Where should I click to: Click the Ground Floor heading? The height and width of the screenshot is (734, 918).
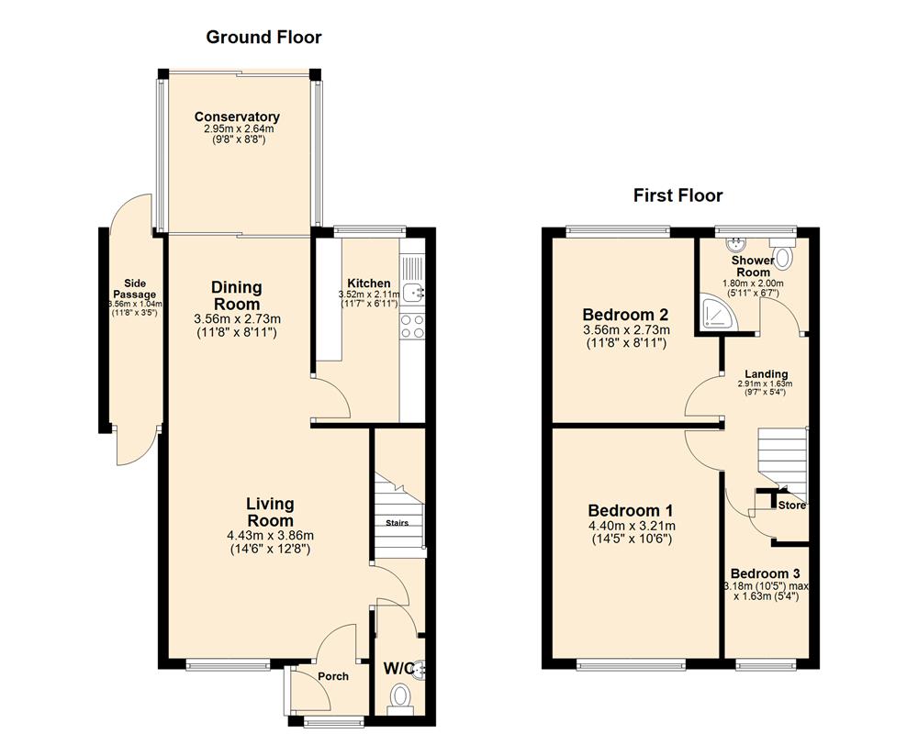[x=263, y=38]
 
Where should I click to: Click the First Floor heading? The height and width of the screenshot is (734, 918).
[x=677, y=195]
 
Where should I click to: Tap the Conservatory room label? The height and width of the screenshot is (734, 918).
[x=237, y=117]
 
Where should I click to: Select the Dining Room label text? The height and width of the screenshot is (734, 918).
[x=237, y=295]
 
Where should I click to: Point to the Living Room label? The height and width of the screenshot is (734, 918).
[x=270, y=512]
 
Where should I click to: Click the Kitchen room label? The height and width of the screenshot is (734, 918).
[x=368, y=284]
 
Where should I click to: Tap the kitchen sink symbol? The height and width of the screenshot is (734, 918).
[x=414, y=292]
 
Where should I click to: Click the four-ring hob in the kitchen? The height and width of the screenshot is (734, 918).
[x=413, y=326]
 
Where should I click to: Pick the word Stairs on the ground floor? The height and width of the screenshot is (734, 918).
[x=397, y=523]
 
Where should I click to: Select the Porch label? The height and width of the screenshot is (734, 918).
[x=332, y=677]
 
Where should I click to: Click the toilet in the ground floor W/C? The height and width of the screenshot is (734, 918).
[x=401, y=700]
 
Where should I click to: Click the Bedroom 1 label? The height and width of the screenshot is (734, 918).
[x=631, y=510]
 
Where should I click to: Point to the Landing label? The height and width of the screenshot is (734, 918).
[x=766, y=374]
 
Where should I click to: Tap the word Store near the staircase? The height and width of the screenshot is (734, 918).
[x=791, y=506]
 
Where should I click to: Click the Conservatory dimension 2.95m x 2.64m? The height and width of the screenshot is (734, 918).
[x=237, y=130]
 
